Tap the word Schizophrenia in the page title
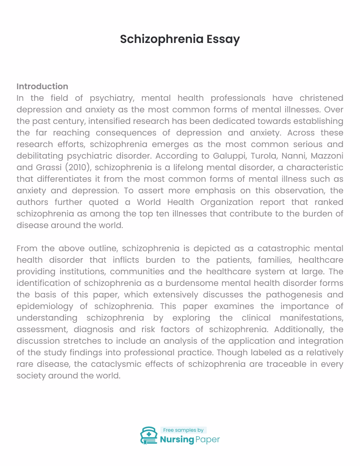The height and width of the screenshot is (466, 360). (x=161, y=39)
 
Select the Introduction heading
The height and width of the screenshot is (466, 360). (x=42, y=86)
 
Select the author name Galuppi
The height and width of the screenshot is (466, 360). (x=229, y=156)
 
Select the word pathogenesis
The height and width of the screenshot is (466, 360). (x=291, y=295)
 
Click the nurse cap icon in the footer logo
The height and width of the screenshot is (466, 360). (x=149, y=435)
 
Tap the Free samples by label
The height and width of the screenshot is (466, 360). (x=183, y=430)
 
